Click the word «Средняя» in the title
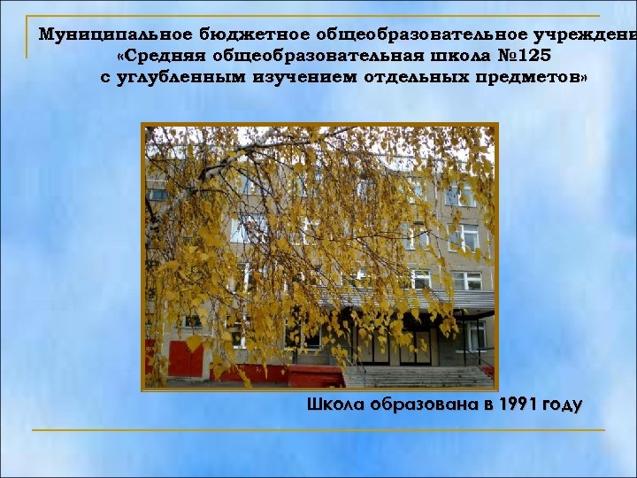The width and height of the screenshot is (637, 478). click(158, 56)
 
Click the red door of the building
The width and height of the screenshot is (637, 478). click(187, 358)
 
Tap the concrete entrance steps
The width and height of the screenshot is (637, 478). click(416, 376)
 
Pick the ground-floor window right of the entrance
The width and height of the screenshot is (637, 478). click(472, 335)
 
